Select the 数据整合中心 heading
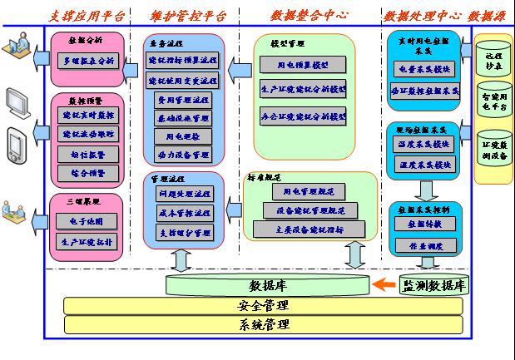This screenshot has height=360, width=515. click(x=309, y=15)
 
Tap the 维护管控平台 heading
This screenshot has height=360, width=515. click(x=192, y=15)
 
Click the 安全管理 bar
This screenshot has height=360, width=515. click(x=262, y=305)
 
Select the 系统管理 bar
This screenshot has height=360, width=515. click(x=262, y=324)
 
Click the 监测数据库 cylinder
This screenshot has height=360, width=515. click(x=433, y=285)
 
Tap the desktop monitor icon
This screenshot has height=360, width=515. click(x=19, y=101)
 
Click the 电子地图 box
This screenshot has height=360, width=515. click(x=87, y=222)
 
